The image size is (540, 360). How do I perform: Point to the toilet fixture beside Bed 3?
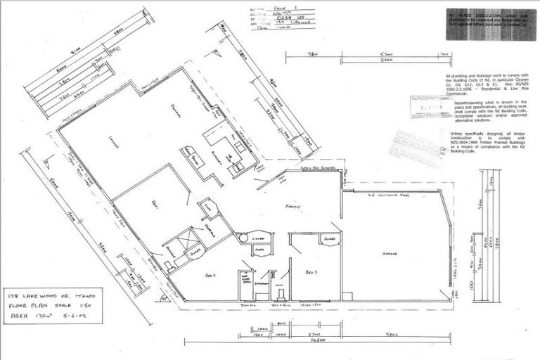point(279,286)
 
